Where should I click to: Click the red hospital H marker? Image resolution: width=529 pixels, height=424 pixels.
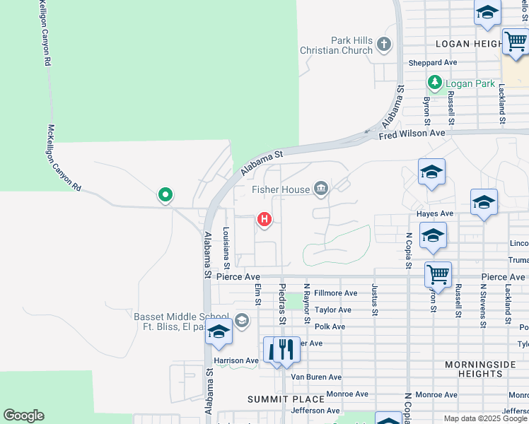click(264, 220)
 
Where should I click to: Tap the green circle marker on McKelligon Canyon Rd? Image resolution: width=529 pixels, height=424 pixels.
click(165, 194)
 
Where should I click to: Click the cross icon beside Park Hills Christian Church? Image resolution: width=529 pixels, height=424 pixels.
click(384, 45)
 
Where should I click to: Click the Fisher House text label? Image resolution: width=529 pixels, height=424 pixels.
click(281, 189)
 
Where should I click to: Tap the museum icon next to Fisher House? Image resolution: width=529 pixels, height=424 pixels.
click(321, 188)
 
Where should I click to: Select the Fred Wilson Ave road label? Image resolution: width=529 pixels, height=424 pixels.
click(412, 134)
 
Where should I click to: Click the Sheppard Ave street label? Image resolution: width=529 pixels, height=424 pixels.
click(433, 63)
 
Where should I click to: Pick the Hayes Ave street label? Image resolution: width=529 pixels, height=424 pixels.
click(436, 213)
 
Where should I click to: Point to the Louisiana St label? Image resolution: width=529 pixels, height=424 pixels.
click(226, 248)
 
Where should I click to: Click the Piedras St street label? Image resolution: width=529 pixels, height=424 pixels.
click(282, 305)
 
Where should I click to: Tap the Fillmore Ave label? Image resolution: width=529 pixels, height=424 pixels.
click(336, 293)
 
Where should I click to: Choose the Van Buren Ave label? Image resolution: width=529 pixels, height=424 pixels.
click(316, 377)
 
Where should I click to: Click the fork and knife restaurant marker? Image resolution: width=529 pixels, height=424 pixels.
click(286, 350)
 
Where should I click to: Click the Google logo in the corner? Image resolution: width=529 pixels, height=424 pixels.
click(23, 416)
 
